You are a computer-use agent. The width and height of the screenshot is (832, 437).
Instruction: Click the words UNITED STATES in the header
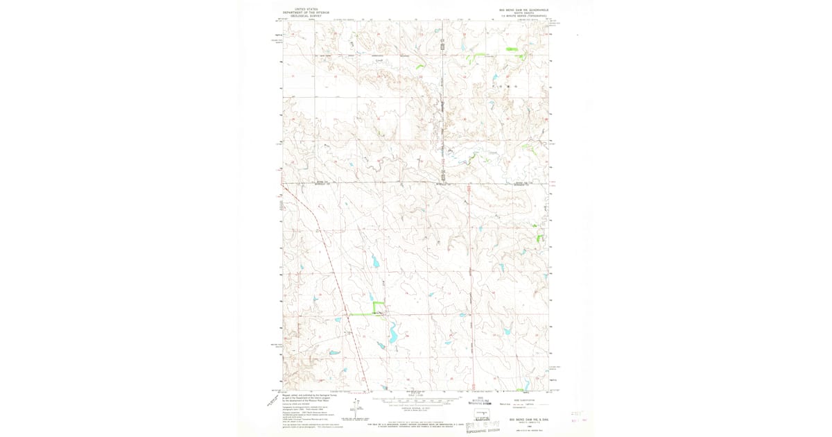click(x=306, y=9)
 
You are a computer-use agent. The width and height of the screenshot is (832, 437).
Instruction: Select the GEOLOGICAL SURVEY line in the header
click(x=306, y=16)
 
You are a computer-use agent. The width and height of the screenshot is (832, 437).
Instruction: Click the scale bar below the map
click(x=415, y=401)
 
